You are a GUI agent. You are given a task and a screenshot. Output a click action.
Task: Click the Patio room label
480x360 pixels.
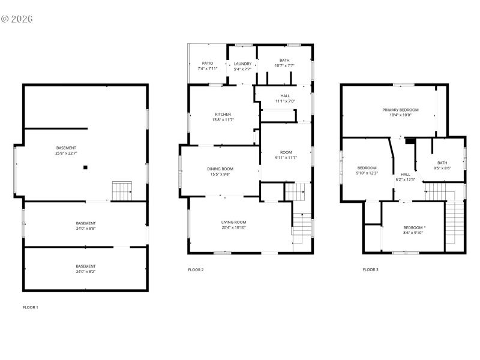[x=207, y=63]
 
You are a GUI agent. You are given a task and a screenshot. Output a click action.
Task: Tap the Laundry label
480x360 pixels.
[x=242, y=64]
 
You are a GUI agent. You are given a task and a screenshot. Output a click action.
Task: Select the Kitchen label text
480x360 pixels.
[x=223, y=115]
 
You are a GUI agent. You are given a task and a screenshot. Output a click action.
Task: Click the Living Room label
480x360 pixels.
[x=233, y=222]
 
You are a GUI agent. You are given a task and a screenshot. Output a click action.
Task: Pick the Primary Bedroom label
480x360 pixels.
[x=400, y=110]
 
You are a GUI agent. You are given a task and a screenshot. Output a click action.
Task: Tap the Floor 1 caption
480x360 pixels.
[x=30, y=307]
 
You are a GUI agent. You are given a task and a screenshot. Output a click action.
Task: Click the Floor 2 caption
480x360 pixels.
[x=196, y=270]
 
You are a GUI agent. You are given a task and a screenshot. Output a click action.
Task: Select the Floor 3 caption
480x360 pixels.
[x=370, y=270]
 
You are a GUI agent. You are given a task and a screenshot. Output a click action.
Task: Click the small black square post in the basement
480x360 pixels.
[x=86, y=167]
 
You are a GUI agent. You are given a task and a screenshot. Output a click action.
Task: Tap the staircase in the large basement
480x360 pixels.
[x=122, y=191]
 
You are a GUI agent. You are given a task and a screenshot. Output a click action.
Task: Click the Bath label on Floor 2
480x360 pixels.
[x=284, y=61]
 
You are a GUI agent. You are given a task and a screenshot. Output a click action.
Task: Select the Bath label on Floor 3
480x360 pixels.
[x=442, y=163]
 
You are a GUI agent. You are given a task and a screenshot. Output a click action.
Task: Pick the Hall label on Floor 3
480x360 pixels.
[x=406, y=174]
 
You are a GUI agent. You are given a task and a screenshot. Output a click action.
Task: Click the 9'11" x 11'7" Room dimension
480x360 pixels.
[x=286, y=158]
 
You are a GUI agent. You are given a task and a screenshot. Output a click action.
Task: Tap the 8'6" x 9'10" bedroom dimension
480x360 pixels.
[x=413, y=233]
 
